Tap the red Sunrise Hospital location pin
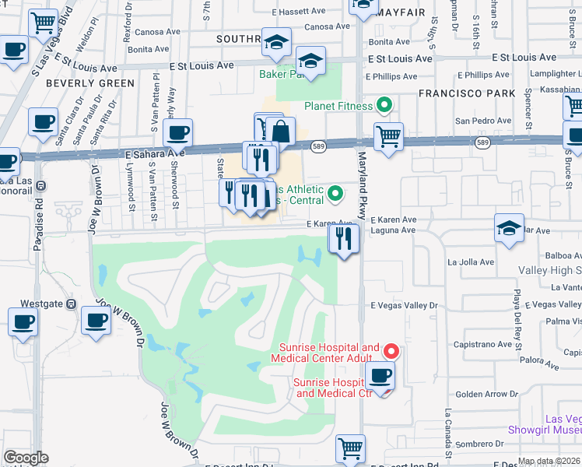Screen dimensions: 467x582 pos(391,351)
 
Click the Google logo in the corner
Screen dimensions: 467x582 pos(26,458)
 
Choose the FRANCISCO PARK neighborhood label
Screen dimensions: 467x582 pos(467,93)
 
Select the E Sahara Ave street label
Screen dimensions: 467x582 pos(154,155)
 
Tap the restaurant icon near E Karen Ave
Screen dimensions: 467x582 pos(343,238)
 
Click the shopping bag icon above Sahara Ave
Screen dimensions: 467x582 pos(280,132)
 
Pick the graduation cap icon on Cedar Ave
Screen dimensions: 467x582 pos(509,229)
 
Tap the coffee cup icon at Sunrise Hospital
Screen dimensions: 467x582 pos(380,377)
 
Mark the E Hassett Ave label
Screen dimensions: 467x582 pos(299,12)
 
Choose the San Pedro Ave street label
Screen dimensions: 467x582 pos(483,121)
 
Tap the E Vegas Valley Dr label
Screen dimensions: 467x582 pos(404,306)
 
